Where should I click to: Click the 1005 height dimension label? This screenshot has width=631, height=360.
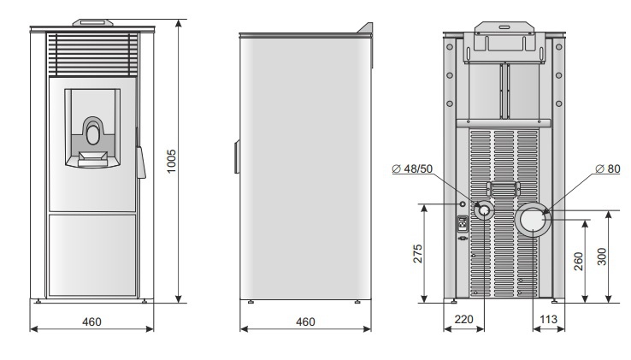point(172,161)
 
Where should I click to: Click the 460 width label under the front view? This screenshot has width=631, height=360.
point(91,322)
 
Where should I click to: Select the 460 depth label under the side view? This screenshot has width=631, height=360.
point(305,322)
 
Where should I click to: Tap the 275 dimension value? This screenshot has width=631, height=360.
point(418,254)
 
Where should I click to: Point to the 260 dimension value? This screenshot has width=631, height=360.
point(578,262)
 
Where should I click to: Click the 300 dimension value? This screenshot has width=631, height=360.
point(602,257)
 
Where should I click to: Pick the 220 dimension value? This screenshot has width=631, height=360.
point(463,319)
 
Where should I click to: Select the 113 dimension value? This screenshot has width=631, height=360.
point(548,319)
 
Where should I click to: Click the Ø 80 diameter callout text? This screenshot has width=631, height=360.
point(608,168)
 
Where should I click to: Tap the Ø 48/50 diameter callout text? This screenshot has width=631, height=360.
point(412,168)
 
